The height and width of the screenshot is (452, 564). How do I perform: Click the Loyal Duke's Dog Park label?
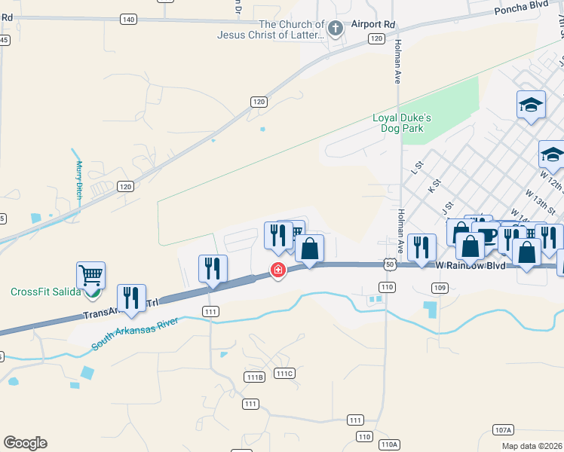403,123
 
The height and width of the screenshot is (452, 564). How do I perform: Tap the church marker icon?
336,29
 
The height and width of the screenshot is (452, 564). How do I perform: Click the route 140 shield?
128,19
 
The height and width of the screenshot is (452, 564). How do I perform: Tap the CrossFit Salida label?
44,292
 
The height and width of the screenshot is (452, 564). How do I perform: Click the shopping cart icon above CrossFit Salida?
90,275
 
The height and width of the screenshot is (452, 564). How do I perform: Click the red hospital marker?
278,270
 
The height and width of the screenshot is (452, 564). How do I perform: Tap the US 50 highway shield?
389,264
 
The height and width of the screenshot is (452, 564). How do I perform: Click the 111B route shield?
255,377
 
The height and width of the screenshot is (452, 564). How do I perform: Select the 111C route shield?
284,373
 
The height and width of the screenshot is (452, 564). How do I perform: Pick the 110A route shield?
389,444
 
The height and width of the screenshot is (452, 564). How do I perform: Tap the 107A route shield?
503,429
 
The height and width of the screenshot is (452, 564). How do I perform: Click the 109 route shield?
440,287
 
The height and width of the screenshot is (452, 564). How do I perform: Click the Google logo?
25,443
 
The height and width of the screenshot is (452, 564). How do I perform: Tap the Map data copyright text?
531,446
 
